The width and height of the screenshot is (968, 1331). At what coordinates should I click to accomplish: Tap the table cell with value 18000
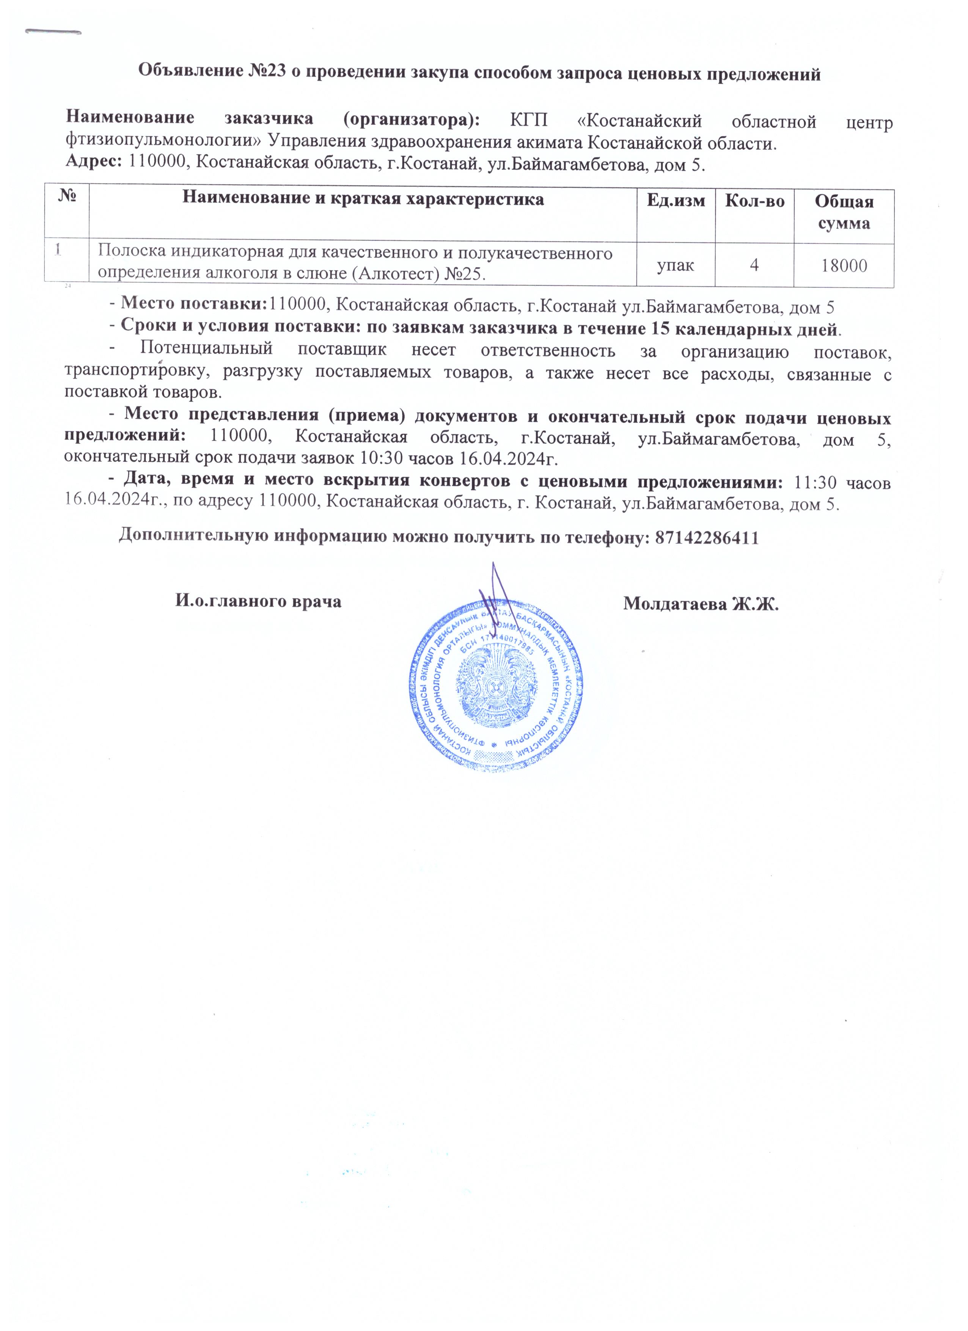tap(844, 266)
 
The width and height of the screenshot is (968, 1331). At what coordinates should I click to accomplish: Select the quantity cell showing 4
tap(754, 266)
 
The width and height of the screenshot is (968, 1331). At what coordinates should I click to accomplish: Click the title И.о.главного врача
tap(258, 601)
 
